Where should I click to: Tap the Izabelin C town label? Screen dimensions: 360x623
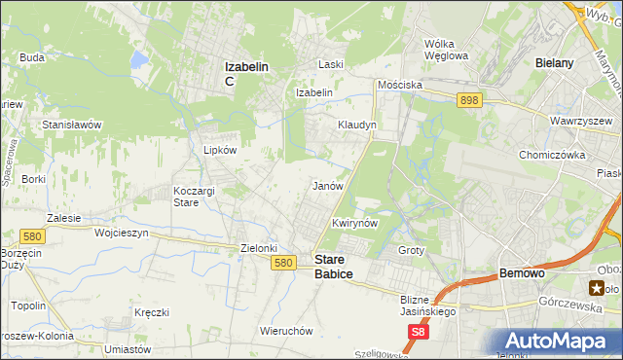pyautogui.click(x=246, y=73)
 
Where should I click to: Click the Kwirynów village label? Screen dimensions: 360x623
pyautogui.click(x=354, y=223)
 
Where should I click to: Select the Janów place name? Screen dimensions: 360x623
pyautogui.click(x=327, y=185)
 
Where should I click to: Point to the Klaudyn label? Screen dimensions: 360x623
pyautogui.click(x=356, y=126)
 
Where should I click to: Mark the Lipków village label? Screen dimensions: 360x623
pyautogui.click(x=219, y=150)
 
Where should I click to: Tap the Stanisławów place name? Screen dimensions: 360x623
pyautogui.click(x=72, y=126)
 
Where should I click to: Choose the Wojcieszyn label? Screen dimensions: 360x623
pyautogui.click(x=120, y=234)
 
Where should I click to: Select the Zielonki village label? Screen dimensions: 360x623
pyautogui.click(x=260, y=248)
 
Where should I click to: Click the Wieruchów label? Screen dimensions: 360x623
pyautogui.click(x=286, y=330)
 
